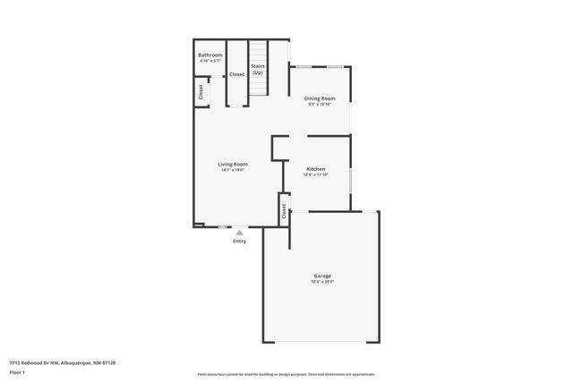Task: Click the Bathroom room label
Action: tap(210, 55)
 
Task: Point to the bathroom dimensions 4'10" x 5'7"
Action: tap(210, 62)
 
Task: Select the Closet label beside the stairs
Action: tap(236, 74)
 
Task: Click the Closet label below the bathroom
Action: tap(201, 91)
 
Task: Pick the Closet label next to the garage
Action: tap(284, 211)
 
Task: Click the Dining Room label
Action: tap(320, 98)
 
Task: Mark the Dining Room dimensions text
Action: tap(320, 104)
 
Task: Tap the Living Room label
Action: tap(233, 164)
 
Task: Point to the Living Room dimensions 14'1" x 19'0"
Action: tap(233, 170)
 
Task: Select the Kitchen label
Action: tap(316, 169)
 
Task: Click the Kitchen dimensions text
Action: tap(316, 175)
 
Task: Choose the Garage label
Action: tap(323, 276)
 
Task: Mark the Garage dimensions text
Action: tap(323, 282)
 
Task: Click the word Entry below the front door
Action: tap(239, 241)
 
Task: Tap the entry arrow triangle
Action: tap(239, 233)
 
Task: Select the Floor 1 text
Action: tap(18, 371)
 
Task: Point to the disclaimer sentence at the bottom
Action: tap(286, 374)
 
